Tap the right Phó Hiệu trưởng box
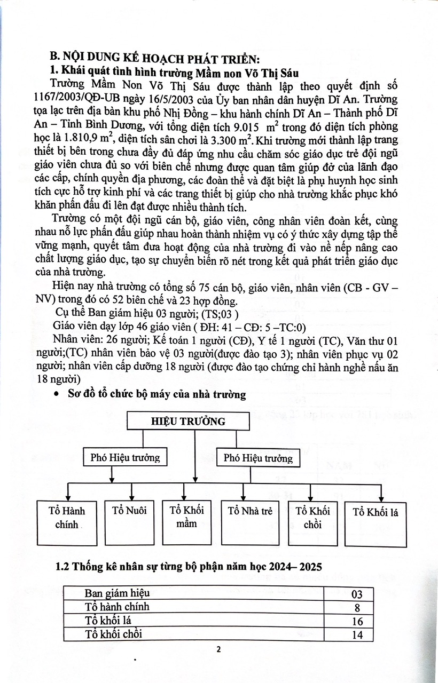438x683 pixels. tap(258, 458)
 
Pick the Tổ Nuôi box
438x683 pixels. tap(129, 522)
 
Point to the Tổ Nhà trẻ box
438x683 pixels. tap(250, 522)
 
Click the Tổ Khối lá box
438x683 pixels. tap(375, 522)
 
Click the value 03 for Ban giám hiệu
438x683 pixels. tap(357, 594)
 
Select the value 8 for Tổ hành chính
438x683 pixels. tap(357, 607)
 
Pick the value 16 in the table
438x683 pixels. tap(357, 621)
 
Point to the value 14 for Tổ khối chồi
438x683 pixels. tap(357, 634)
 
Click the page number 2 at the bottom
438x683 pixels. tap(218, 649)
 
